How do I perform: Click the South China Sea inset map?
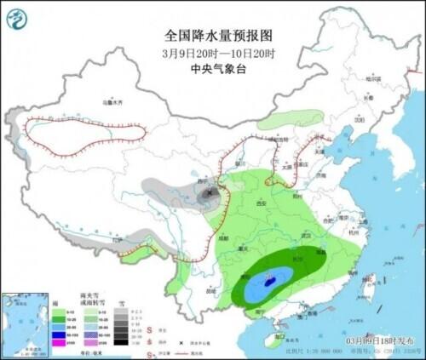[x=26, y=323]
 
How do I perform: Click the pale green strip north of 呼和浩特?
[x=290, y=119]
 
